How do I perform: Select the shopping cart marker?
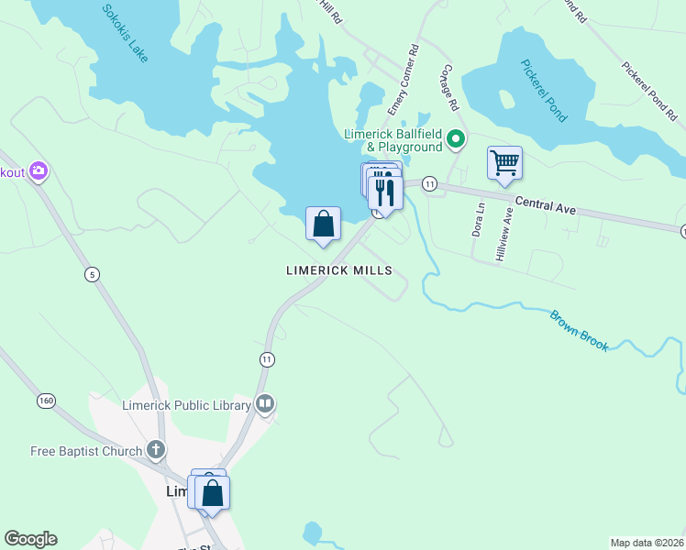pos(504,164)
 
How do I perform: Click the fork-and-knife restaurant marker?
pos(385,191)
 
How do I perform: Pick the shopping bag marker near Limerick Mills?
pos(323,224)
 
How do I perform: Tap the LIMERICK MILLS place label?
pos(339,270)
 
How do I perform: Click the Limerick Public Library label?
pos(186,405)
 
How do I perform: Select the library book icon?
pos(265,403)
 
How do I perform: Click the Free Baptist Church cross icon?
pos(156,450)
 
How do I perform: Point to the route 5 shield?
pos(92,274)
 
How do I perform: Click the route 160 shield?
pos(46,401)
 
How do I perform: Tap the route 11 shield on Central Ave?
pos(428,184)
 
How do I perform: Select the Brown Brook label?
pos(579,331)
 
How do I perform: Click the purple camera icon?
pos(39,171)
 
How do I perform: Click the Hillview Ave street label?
pos(504,236)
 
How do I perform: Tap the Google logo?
pos(30,539)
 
